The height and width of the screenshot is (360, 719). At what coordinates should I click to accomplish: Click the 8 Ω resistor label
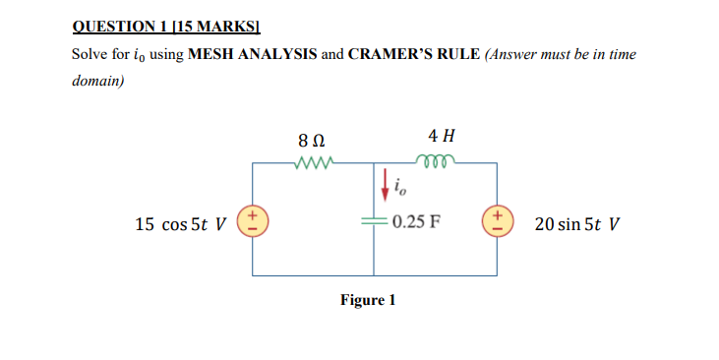(x=312, y=140)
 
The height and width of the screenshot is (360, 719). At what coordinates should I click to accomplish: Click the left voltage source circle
(x=254, y=220)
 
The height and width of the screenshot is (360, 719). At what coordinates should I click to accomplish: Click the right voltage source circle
(x=498, y=220)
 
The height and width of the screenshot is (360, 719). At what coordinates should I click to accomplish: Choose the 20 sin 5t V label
(x=577, y=223)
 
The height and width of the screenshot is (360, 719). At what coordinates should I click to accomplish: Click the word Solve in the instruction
(x=90, y=54)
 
